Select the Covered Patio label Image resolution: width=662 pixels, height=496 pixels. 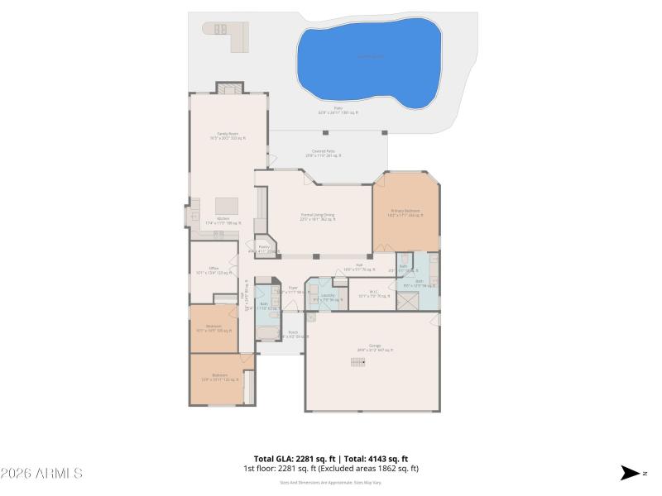point(323,151)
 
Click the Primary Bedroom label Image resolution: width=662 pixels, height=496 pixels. point(405,211)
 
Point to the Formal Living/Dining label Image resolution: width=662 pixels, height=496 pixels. point(318,215)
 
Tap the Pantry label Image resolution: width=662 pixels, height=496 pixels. point(264,246)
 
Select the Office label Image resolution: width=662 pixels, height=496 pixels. point(213,269)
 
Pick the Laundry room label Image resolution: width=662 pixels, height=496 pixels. point(329,295)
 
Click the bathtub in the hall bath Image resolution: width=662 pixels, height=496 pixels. point(266,333)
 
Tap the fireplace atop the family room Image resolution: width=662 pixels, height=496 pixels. point(229,88)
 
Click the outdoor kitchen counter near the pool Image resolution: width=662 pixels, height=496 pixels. point(227,35)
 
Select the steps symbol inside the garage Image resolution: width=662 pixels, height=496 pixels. point(357,361)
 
